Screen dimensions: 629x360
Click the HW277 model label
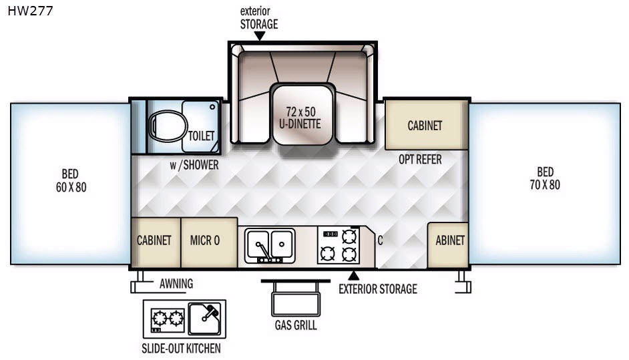(30, 11)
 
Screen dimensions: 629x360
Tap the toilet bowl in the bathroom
(168, 126)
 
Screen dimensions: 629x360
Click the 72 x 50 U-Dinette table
(303, 114)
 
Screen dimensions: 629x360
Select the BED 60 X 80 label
(71, 180)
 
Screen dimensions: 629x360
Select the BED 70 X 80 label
(545, 178)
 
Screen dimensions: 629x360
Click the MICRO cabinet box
(209, 242)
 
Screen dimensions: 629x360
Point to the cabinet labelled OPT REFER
(426, 125)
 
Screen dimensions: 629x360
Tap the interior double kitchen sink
(270, 246)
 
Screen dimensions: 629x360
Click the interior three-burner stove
(338, 245)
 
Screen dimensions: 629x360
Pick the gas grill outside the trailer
(296, 298)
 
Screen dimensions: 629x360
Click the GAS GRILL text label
(296, 325)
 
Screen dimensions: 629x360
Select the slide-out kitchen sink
(204, 319)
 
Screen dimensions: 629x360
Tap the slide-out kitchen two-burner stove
(168, 320)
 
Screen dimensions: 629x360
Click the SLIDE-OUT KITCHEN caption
(181, 349)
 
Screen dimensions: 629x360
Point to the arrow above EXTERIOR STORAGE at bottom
(353, 276)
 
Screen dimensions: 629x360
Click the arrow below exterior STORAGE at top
(260, 36)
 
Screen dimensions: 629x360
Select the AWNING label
(176, 284)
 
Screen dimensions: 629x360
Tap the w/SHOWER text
(194, 165)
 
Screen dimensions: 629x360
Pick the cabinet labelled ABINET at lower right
(447, 245)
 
